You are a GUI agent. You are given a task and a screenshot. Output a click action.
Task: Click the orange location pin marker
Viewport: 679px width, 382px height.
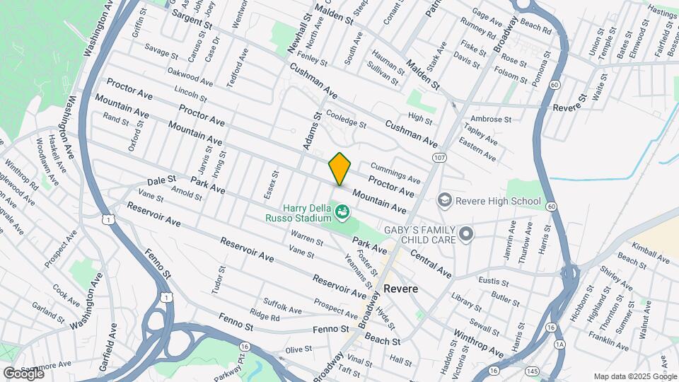[339, 168]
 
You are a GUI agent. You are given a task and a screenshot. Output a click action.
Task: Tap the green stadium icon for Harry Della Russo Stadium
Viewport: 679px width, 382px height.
[342, 211]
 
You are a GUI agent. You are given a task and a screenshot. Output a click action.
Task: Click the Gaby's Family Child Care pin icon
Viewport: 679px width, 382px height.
[465, 233]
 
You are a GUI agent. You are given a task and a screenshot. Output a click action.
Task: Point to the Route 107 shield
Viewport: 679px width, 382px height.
[441, 157]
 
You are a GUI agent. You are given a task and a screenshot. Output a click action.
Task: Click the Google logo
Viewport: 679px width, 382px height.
[23, 373]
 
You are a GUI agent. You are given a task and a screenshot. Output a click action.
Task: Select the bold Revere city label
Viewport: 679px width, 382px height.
[401, 289]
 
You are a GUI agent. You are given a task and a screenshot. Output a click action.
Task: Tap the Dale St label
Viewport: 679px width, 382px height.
[161, 180]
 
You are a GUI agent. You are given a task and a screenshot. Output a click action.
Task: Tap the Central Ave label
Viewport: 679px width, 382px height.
[430, 262]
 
